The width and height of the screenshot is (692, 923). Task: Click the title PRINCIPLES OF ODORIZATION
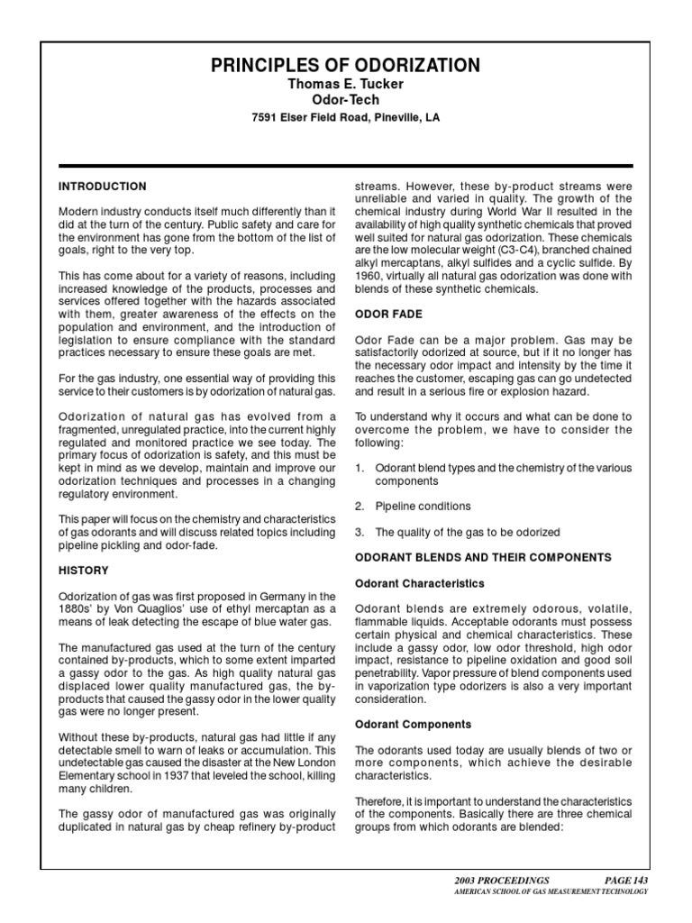coord(346,65)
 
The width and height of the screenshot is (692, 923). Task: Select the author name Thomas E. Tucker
coord(346,84)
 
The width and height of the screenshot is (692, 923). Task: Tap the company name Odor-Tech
coord(346,100)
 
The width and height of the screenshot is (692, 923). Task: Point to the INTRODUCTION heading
coord(102,187)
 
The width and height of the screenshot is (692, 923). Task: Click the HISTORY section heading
coord(83,571)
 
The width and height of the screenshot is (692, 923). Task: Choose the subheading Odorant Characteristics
coord(419,583)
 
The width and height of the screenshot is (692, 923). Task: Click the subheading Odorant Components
coord(414,724)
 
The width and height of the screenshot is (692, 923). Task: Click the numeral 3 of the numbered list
coord(359,532)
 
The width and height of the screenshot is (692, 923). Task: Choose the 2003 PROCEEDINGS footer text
coord(503,880)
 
